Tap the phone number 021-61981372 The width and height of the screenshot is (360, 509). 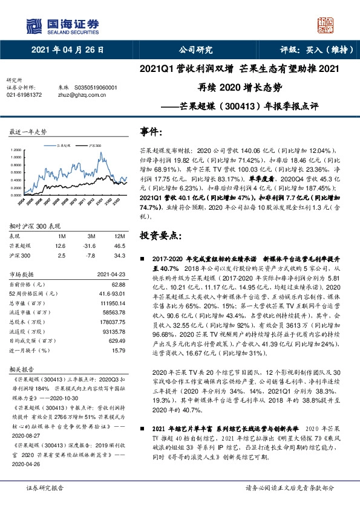(24, 95)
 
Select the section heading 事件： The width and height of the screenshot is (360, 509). (151, 131)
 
